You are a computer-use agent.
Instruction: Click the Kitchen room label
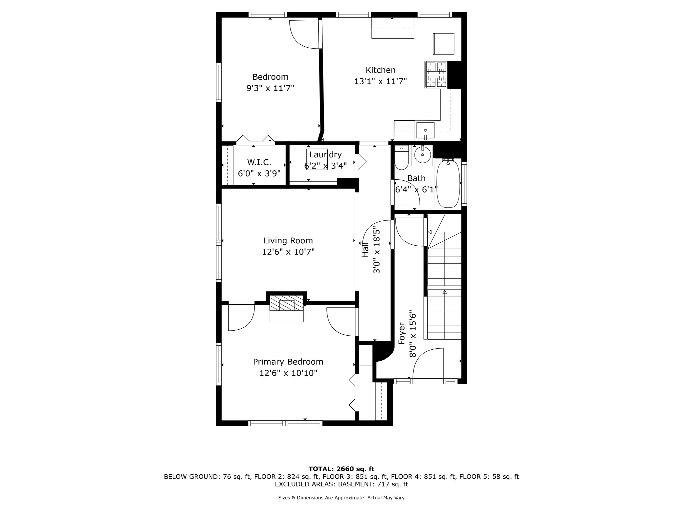[381, 70]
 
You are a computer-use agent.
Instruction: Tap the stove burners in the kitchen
[436, 75]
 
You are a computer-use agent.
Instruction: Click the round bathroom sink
[423, 155]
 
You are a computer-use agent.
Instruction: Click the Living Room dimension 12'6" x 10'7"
[288, 252]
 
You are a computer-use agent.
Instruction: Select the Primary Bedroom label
[288, 362]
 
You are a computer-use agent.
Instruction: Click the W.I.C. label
[259, 162]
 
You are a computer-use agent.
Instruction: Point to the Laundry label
[325, 155]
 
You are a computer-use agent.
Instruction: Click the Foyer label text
[402, 333]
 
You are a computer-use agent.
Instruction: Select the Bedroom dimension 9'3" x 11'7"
[270, 88]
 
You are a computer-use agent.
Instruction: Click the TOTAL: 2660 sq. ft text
[341, 469]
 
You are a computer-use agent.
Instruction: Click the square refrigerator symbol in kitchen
[444, 44]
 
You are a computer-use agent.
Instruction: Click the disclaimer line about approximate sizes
[341, 498]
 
